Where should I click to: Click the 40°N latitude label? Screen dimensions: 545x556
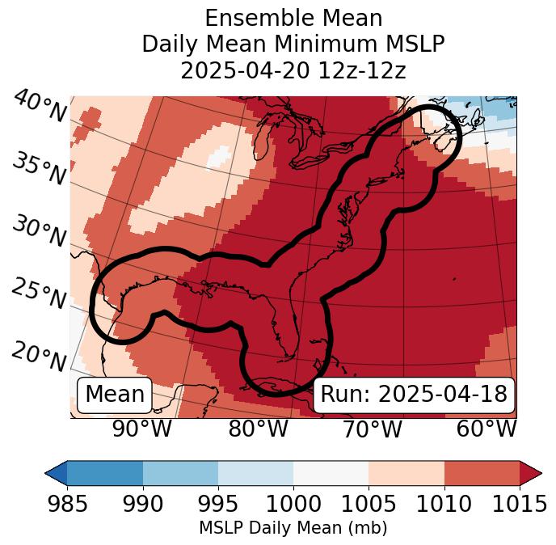(x=39, y=107)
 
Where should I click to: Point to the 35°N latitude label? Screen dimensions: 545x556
(x=39, y=170)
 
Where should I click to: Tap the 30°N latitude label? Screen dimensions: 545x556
(x=39, y=233)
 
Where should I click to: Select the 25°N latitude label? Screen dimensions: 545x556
(x=39, y=294)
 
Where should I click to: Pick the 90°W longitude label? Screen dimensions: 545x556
(x=142, y=429)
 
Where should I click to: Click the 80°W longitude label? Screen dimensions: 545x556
(x=258, y=429)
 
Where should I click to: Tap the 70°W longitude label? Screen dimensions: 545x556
(x=372, y=429)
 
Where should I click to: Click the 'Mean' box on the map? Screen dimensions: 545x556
(x=115, y=395)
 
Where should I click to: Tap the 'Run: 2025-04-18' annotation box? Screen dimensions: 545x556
(x=414, y=395)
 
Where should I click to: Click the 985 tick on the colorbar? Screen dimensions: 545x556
(x=67, y=505)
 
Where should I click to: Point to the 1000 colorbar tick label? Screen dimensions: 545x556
(x=293, y=505)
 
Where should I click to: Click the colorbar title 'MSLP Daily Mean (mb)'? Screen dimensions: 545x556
(x=293, y=529)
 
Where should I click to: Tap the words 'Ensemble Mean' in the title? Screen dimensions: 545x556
(x=293, y=18)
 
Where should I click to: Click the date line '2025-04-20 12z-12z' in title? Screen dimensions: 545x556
(x=293, y=70)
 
